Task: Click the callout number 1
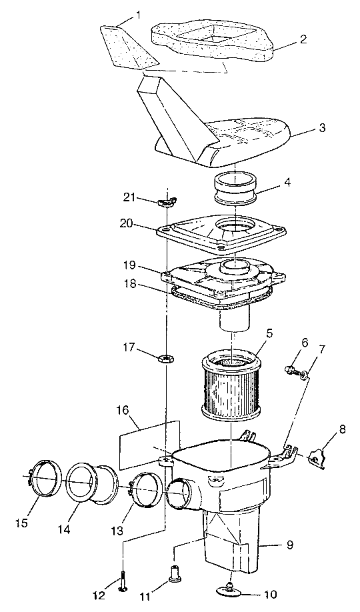pyautogui.click(x=137, y=13)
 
